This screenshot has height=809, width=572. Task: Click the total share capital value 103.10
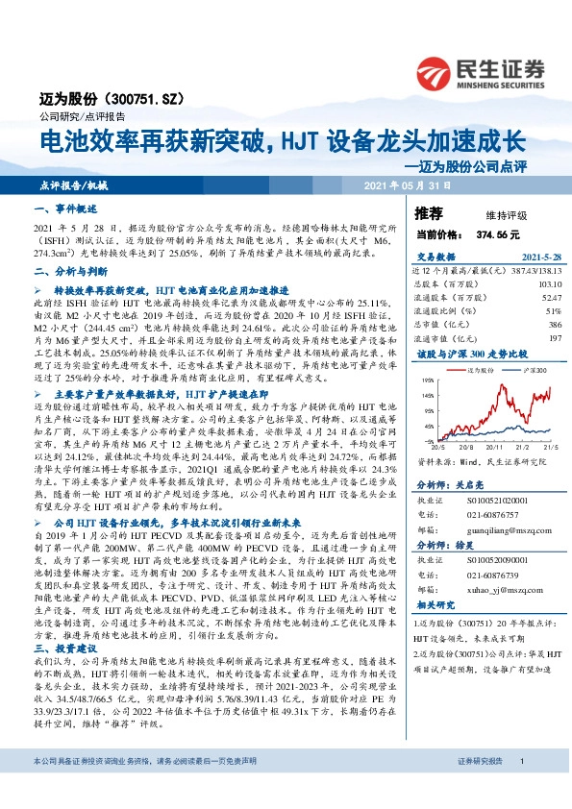click(547, 284)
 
